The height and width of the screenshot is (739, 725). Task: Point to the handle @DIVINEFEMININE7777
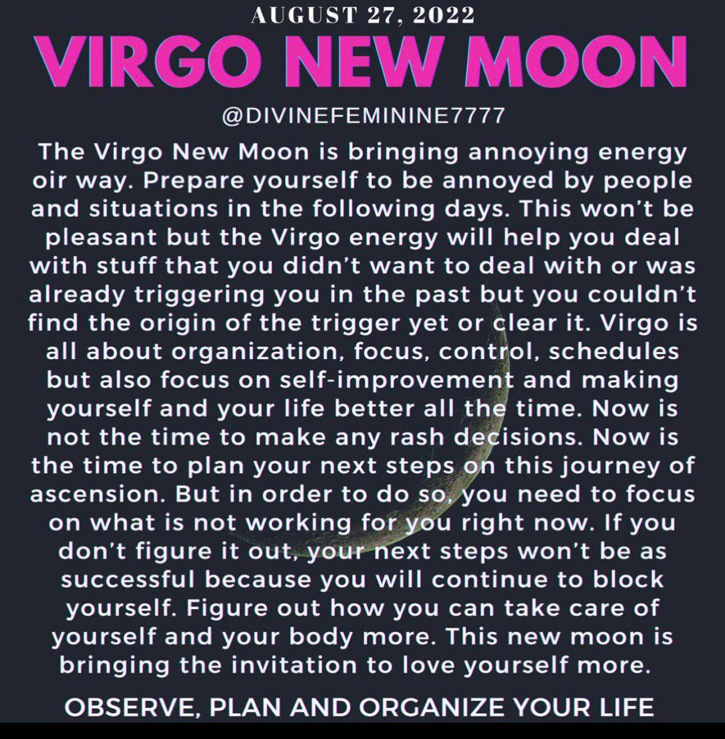(363, 115)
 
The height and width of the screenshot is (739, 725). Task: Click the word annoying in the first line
(528, 152)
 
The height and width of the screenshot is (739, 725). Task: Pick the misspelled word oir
(48, 180)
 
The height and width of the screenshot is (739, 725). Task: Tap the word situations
(154, 209)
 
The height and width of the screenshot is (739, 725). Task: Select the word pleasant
(101, 238)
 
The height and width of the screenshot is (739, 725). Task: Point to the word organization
(254, 352)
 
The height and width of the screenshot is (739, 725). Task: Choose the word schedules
(614, 351)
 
